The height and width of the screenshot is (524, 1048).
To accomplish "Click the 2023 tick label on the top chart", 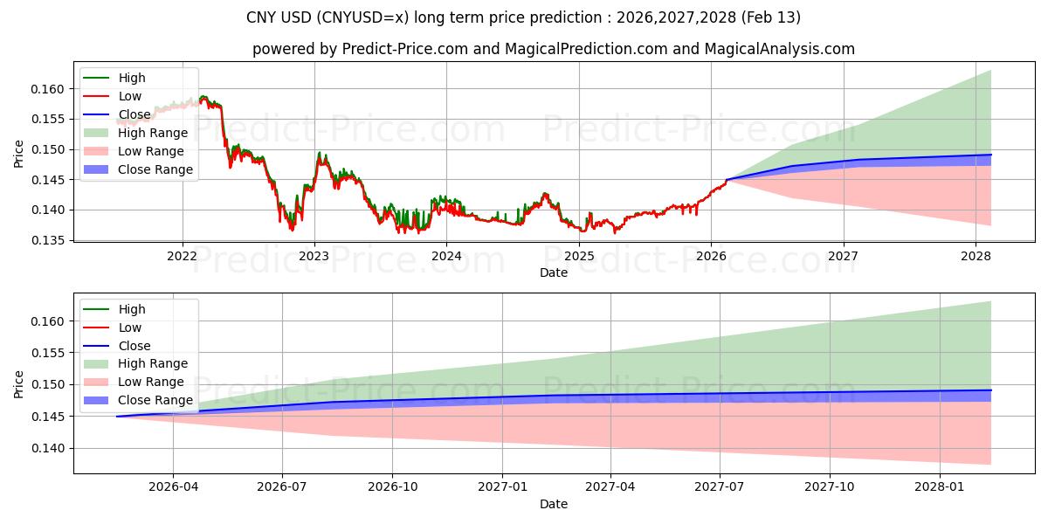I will (314, 256).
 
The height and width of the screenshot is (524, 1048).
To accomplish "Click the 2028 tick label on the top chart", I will (976, 256).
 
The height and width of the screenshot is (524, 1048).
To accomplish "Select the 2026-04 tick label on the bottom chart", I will (173, 487).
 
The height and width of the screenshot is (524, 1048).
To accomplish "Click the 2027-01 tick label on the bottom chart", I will (501, 487).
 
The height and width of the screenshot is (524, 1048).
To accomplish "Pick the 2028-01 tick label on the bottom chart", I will (940, 487).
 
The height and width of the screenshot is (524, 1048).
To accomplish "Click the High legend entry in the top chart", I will (132, 78).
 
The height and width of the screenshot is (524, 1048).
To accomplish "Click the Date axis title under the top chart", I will (553, 272).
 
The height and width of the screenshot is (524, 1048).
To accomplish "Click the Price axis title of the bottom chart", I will (19, 383).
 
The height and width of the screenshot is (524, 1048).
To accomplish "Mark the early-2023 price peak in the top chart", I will (319, 153).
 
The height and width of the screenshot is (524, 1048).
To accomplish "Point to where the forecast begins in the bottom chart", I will (117, 417).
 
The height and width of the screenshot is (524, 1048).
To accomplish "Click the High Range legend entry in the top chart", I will (153, 133).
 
